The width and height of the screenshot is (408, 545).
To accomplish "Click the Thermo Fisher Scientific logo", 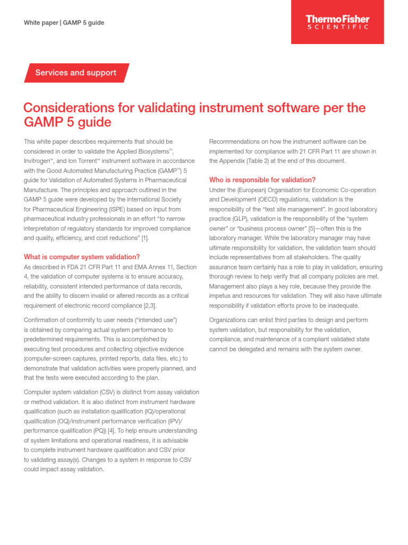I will pyautogui.click(x=337, y=22).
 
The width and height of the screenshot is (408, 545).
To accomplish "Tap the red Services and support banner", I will pyautogui.click(x=76, y=73).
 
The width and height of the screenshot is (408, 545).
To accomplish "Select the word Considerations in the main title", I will pyautogui.click(x=68, y=108).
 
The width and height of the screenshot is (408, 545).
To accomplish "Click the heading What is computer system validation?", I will pyautogui.click(x=82, y=257).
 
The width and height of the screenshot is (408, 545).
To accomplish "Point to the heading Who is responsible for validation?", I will pyautogui.click(x=262, y=179).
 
